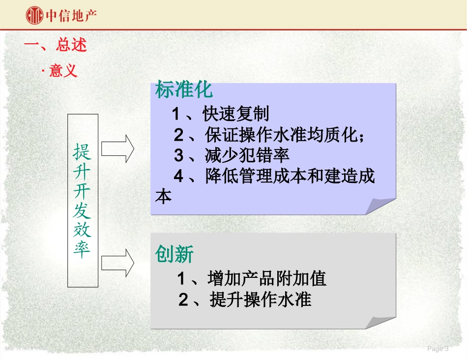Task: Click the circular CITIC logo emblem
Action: tap(34, 15)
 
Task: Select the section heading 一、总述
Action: tap(56, 45)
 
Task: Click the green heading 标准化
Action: tap(184, 90)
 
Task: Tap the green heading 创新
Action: tap(175, 255)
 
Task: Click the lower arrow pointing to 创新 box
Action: tap(118, 262)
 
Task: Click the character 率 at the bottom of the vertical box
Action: tap(82, 249)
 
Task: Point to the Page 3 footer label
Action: tap(438, 349)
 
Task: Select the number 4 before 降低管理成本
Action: tap(178, 176)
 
